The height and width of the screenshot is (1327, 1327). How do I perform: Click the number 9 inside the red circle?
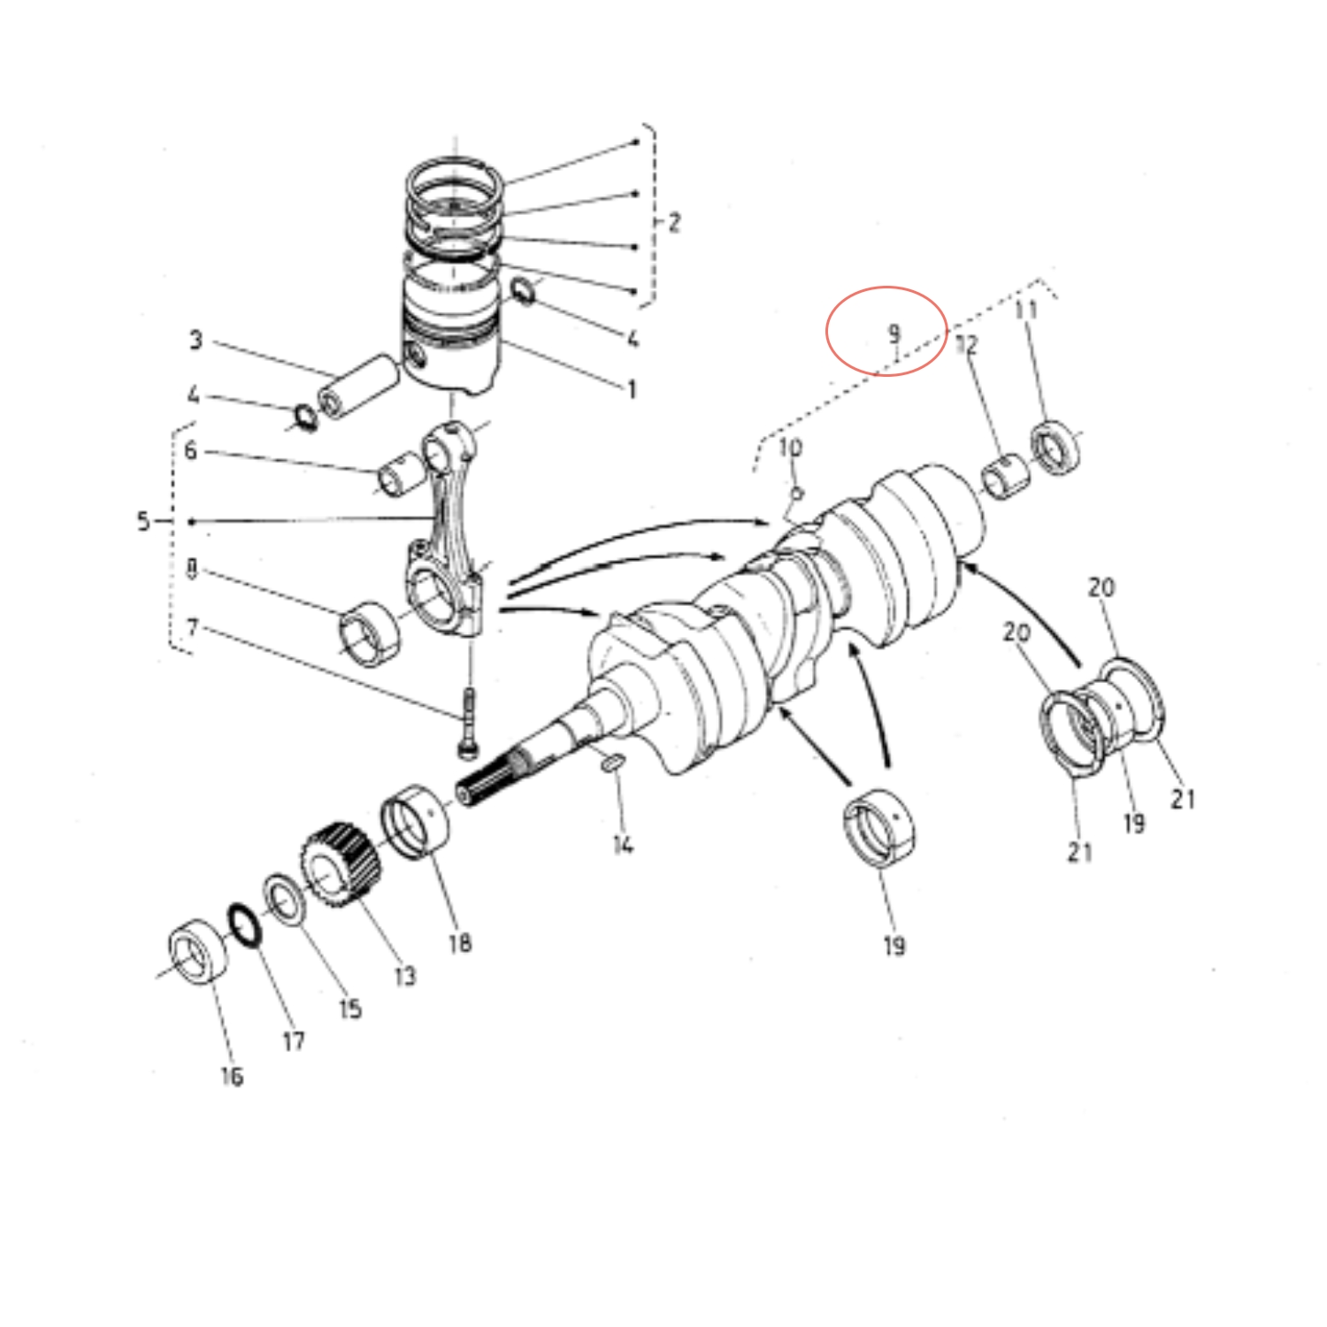pos(894,334)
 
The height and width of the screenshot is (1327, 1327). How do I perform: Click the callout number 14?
pos(623,845)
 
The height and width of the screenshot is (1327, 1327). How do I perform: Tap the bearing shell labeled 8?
pos(369,632)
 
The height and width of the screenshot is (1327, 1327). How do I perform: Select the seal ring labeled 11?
pos(1055,448)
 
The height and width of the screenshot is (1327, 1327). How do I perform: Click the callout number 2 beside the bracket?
pos(674,222)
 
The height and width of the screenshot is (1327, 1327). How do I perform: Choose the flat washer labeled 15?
pos(285,900)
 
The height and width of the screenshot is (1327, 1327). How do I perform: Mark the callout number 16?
pos(232,1076)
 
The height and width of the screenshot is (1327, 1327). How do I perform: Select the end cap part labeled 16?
pos(197,951)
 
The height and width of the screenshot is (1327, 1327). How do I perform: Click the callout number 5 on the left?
pos(143,521)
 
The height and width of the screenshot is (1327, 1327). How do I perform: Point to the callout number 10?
pos(790,448)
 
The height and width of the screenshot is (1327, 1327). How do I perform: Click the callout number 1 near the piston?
pos(632,388)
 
